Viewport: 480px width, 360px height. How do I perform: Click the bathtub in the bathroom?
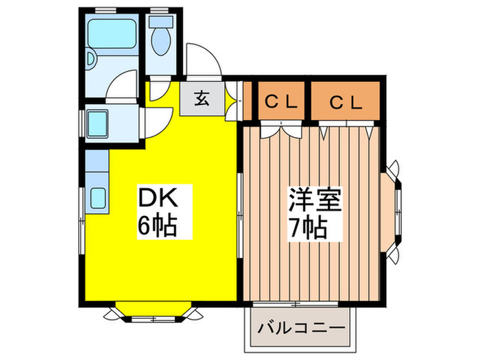[x=112, y=34]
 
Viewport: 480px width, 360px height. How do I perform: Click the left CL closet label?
[x=281, y=102]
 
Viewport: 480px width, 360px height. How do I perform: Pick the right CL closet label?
[x=346, y=103]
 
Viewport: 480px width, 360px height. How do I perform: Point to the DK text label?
[x=158, y=197]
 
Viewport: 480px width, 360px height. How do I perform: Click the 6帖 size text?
[x=158, y=226]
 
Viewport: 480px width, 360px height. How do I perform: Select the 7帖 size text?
[x=309, y=228]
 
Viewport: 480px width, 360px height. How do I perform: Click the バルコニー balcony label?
[x=301, y=328]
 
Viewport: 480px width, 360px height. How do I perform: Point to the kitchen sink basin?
[x=98, y=197]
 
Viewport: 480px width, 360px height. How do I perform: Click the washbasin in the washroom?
[x=98, y=123]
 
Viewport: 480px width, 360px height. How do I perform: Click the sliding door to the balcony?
[x=296, y=304]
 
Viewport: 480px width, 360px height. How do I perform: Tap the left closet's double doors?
[x=281, y=129]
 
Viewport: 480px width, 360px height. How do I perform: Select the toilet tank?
[x=161, y=22]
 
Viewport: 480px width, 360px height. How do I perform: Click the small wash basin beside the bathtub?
[x=91, y=58]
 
